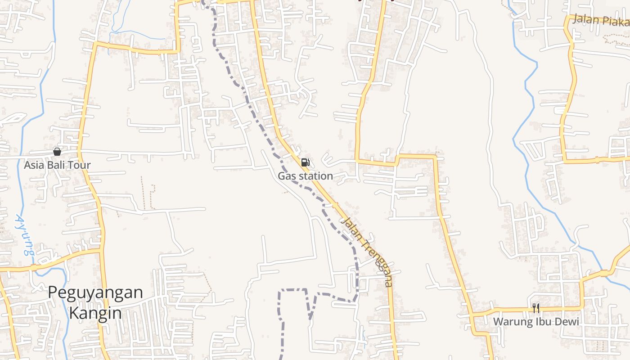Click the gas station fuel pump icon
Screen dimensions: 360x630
306,162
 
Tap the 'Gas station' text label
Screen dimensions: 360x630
305,176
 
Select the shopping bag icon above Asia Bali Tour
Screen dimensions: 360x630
57,152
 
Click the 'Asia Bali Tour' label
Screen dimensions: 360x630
57,165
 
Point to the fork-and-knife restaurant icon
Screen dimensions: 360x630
535,308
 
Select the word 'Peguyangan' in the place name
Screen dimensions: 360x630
95,292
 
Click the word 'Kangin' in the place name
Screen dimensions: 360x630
95,313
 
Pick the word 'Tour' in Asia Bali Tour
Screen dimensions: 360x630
81,165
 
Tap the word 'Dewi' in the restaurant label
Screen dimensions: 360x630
567,322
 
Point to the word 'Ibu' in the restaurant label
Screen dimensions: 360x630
541,322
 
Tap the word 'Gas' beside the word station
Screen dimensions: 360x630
286,176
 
